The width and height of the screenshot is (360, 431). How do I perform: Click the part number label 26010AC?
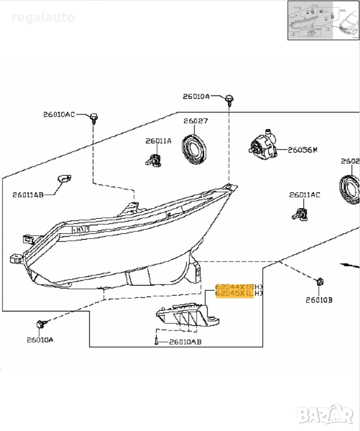(x=59, y=114)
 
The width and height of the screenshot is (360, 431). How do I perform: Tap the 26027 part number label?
(x=196, y=121)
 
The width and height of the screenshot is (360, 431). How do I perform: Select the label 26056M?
(x=302, y=150)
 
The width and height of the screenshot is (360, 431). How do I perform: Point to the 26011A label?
(x=158, y=141)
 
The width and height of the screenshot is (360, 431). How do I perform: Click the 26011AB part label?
(x=28, y=194)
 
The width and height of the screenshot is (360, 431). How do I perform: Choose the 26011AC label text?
(x=304, y=195)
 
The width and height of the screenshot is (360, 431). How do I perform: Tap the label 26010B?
(x=319, y=299)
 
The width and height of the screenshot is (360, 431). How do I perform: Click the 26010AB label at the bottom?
(x=185, y=342)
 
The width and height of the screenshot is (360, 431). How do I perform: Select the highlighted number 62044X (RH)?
(x=239, y=286)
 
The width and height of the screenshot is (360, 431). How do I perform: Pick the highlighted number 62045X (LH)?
(x=239, y=294)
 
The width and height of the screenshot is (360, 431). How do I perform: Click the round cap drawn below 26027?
(x=194, y=148)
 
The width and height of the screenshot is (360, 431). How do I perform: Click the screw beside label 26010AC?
(x=94, y=118)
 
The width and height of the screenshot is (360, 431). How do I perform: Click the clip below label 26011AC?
(x=300, y=213)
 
